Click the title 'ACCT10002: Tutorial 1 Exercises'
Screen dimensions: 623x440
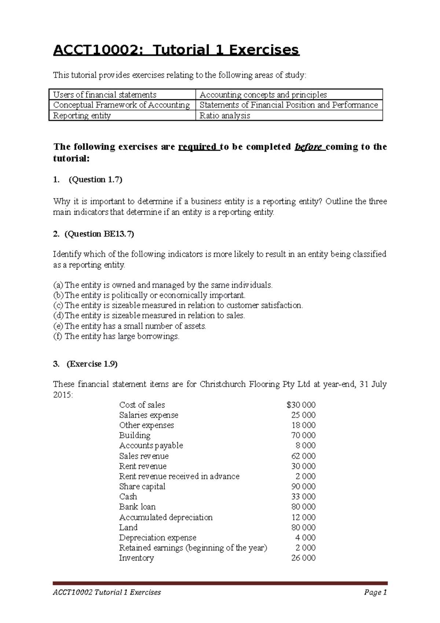[176, 50]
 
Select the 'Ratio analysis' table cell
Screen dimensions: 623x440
[224, 116]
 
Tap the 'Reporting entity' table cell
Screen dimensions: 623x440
[82, 116]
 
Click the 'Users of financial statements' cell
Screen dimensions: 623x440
[105, 95]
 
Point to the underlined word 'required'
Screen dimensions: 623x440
[197, 147]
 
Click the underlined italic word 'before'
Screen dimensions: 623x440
[308, 147]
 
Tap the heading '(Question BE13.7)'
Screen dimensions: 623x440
[99, 234]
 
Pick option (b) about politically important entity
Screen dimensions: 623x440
[150, 295]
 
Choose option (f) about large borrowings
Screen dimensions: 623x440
[117, 336]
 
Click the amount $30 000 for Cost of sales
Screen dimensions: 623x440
[301, 405]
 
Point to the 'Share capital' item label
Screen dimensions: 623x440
[142, 487]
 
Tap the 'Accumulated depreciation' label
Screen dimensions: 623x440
[166, 517]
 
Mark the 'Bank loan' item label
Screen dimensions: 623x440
[137, 507]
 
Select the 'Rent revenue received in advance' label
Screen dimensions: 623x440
[179, 476]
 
